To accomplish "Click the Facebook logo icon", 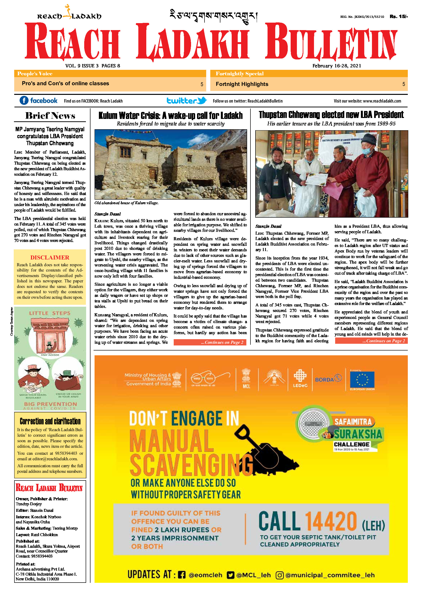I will tap(24, 100).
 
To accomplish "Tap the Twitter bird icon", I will tap(202, 100).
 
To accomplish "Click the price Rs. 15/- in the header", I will tap(398, 17).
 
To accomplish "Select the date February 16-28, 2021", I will tap(337, 66).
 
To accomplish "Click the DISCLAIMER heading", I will tap(50, 257).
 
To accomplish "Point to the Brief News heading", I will tap(50, 116).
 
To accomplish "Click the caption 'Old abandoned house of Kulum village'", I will tap(126, 203).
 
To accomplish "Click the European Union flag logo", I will tap(362, 380).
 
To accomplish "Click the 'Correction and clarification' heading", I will tap(50, 421).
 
